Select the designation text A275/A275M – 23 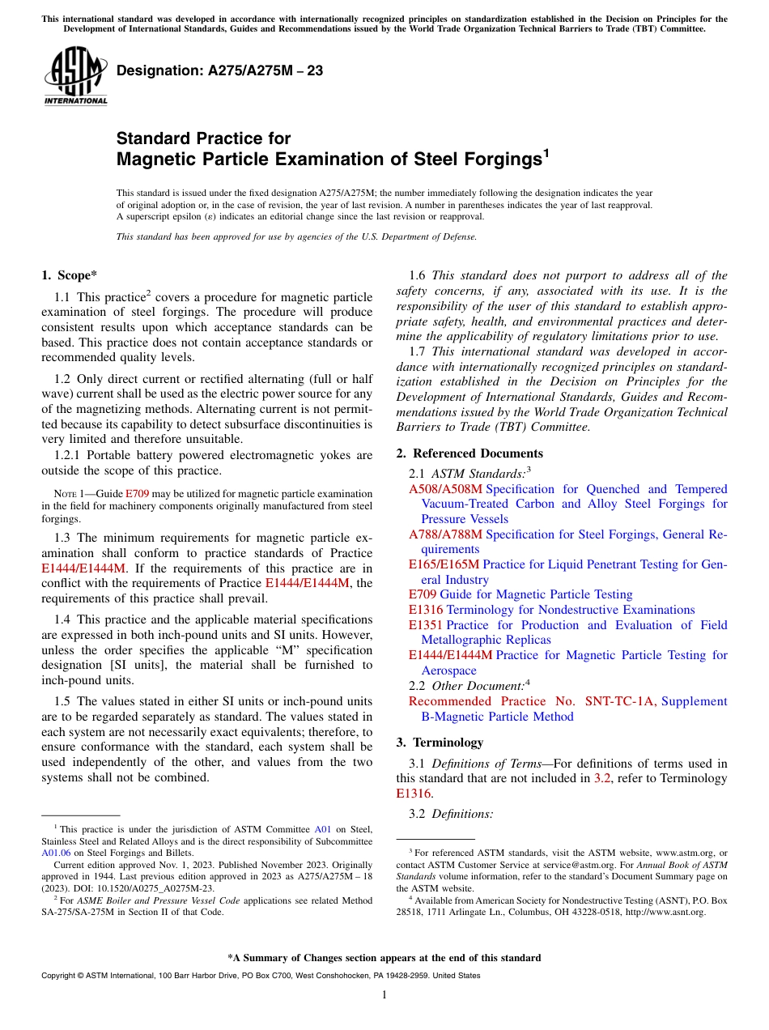pyautogui.click(x=219, y=71)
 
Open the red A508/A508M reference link pyautogui.click(x=445, y=489)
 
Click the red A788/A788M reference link pyautogui.click(x=445, y=534)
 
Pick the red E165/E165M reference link pyautogui.click(x=444, y=564)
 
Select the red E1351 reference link pyautogui.click(x=426, y=625)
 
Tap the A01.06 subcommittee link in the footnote pyautogui.click(x=54, y=853)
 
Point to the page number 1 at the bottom pyautogui.click(x=384, y=995)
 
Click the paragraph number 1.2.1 pyautogui.click(x=70, y=455)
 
